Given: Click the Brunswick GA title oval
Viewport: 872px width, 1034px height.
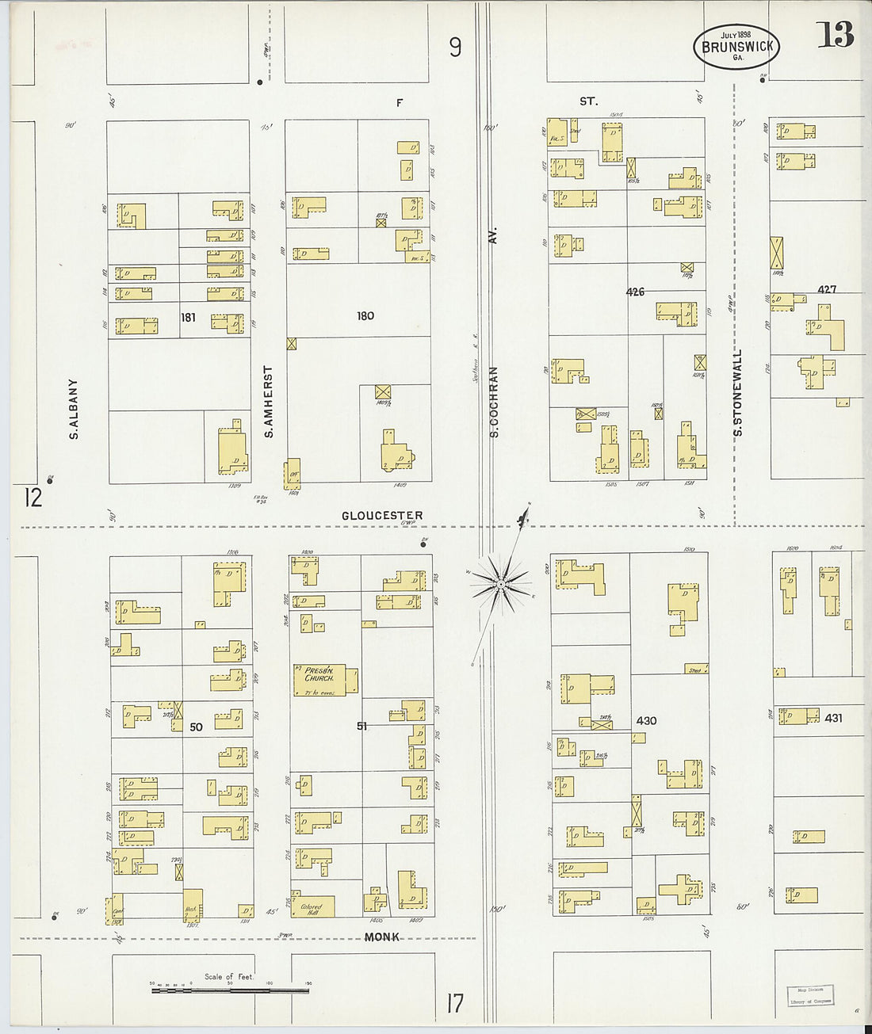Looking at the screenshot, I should click(x=736, y=47).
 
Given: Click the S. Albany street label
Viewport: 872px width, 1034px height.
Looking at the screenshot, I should click(x=74, y=409).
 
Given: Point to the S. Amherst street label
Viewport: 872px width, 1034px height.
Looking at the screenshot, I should click(x=269, y=402).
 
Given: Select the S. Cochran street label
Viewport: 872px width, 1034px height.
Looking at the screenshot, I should click(x=494, y=402).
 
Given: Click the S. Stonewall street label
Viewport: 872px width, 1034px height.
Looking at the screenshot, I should click(x=738, y=393).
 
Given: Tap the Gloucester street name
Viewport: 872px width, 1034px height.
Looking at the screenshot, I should click(x=382, y=515).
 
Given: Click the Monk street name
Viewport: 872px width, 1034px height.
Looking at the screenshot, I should click(x=381, y=937).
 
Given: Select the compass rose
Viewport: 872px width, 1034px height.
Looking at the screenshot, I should click(x=500, y=586).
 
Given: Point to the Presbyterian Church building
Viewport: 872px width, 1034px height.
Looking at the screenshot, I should click(x=325, y=680).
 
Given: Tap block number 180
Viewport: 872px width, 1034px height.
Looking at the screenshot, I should click(x=365, y=316).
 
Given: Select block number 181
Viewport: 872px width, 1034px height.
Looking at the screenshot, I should click(x=188, y=318).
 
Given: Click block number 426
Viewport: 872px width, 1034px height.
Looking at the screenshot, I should click(x=635, y=292).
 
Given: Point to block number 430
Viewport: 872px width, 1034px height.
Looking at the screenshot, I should click(x=646, y=720).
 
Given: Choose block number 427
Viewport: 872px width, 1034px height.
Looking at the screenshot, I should click(x=827, y=289).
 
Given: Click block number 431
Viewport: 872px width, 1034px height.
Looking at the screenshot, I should click(x=833, y=718).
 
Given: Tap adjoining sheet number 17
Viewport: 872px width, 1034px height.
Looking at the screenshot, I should click(x=454, y=1004).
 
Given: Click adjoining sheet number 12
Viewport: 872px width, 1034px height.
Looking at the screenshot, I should click(x=33, y=498).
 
